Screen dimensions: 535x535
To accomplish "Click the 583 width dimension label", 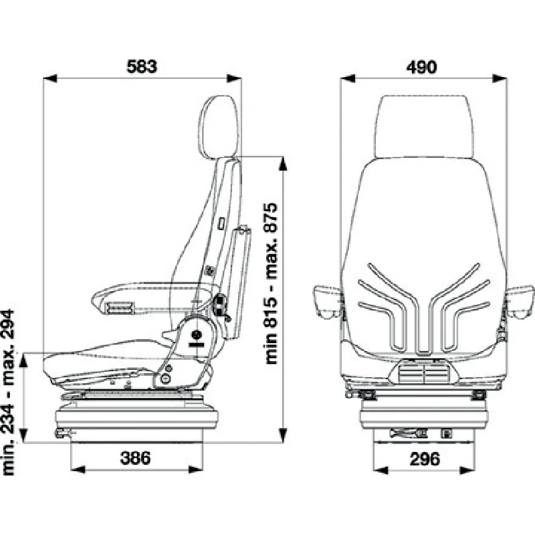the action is pyautogui.click(x=142, y=66).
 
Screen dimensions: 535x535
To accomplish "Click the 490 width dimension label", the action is pyautogui.click(x=421, y=68).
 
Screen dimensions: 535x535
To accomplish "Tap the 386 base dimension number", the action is pyautogui.click(x=136, y=458).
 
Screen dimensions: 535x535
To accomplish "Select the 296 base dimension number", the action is pyautogui.click(x=425, y=459).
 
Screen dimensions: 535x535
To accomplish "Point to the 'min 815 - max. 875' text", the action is pyautogui.click(x=272, y=284).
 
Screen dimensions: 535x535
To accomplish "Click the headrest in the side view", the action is pyautogui.click(x=219, y=127).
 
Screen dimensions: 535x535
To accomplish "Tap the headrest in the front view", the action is pyautogui.click(x=424, y=127).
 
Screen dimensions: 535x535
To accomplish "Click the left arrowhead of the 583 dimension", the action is pyautogui.click(x=49, y=78).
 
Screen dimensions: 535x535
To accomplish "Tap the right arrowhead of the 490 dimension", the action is pyautogui.click(x=500, y=78).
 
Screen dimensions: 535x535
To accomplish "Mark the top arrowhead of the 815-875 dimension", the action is pyautogui.click(x=282, y=163).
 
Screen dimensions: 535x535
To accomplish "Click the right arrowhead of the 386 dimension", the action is pyautogui.click(x=196, y=470).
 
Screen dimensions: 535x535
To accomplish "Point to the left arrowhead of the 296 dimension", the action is pyautogui.click(x=381, y=471).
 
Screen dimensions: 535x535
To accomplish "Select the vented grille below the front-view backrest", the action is pyautogui.click(x=424, y=372).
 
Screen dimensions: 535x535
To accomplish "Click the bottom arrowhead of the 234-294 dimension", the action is pyautogui.click(x=23, y=436).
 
